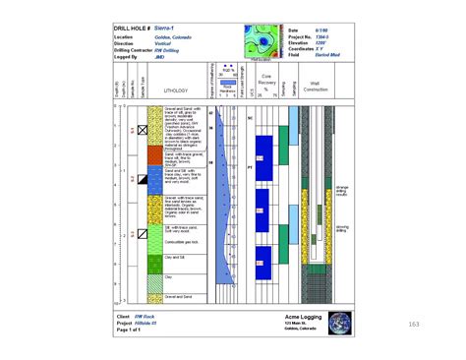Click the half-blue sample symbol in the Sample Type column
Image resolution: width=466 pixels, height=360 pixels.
tap(142, 178)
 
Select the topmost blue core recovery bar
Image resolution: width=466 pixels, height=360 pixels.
tap(263, 148)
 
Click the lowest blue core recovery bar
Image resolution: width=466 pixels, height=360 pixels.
tap(263, 259)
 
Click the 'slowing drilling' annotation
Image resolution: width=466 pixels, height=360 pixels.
tap(342, 229)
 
